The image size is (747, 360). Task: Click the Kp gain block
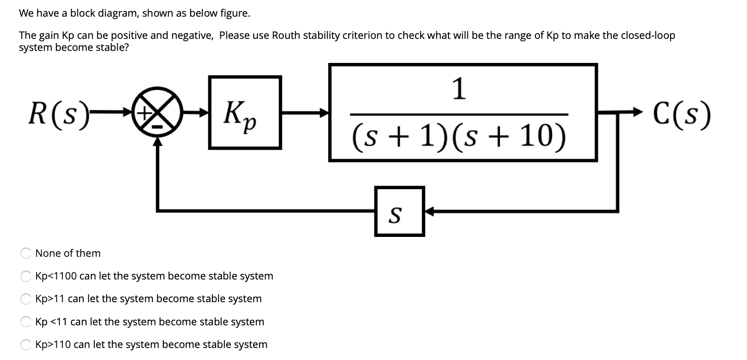pyautogui.click(x=245, y=112)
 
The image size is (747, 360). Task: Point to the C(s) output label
pyautogui.click(x=682, y=113)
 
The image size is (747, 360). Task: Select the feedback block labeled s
pyautogui.click(x=399, y=211)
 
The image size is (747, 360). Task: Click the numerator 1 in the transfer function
pyautogui.click(x=459, y=88)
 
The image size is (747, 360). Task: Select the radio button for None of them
pyautogui.click(x=25, y=253)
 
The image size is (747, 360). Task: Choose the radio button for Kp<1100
pyautogui.click(x=25, y=276)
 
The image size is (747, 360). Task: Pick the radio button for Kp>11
pyautogui.click(x=25, y=299)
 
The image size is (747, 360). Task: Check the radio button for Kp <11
pyautogui.click(x=25, y=322)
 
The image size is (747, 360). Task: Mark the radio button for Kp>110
pyautogui.click(x=25, y=344)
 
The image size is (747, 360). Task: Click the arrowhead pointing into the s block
pyautogui.click(x=429, y=211)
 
